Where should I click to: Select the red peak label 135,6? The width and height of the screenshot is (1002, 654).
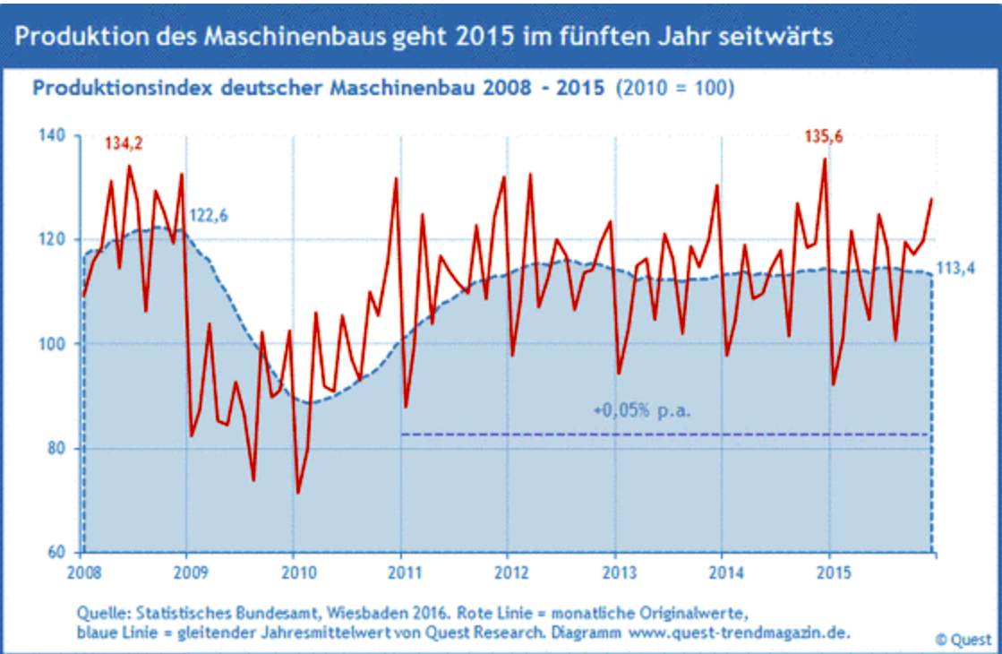click(x=823, y=136)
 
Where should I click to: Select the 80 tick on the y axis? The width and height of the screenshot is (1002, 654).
click(x=56, y=448)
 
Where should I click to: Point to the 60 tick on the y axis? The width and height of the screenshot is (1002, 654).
click(x=56, y=552)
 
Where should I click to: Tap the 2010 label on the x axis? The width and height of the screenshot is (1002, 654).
click(x=295, y=571)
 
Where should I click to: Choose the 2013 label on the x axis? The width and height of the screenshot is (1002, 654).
click(x=616, y=571)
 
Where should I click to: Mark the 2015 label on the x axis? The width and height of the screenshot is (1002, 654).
click(x=830, y=571)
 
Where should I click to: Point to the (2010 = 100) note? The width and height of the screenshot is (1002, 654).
click(x=676, y=90)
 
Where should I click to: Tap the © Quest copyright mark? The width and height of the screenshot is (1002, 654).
click(x=963, y=640)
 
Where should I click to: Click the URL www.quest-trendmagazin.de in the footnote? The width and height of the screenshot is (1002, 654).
click(x=736, y=632)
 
